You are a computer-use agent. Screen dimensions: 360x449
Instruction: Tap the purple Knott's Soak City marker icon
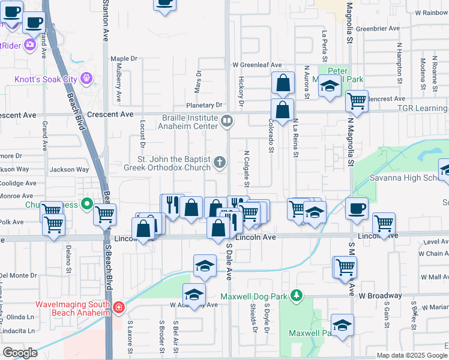pyautogui.click(x=87, y=78)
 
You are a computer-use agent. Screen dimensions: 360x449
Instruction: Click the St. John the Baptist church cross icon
pyautogui.click(x=220, y=161)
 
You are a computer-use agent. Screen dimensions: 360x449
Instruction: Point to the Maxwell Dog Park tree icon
pyautogui.click(x=296, y=295)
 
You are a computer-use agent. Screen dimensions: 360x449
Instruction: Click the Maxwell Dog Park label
pyautogui.click(x=255, y=296)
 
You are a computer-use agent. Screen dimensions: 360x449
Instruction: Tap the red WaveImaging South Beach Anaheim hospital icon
pyautogui.click(x=119, y=308)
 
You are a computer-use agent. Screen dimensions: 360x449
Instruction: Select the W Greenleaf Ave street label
pyautogui.click(x=257, y=65)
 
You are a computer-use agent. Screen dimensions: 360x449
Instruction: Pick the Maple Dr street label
pyautogui.click(x=124, y=59)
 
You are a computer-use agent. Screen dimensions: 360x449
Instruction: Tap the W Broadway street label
pyautogui.click(x=381, y=296)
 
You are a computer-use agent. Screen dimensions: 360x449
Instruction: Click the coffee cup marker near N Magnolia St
pyautogui.click(x=357, y=208)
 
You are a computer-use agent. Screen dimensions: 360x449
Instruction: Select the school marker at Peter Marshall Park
pyautogui.click(x=330, y=86)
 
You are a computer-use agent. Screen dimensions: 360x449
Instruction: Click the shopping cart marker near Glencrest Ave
pyautogui.click(x=357, y=100)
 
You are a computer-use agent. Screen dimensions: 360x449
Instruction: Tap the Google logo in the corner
pyautogui.click(x=20, y=353)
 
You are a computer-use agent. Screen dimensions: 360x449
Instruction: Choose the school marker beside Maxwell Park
pyautogui.click(x=342, y=326)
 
